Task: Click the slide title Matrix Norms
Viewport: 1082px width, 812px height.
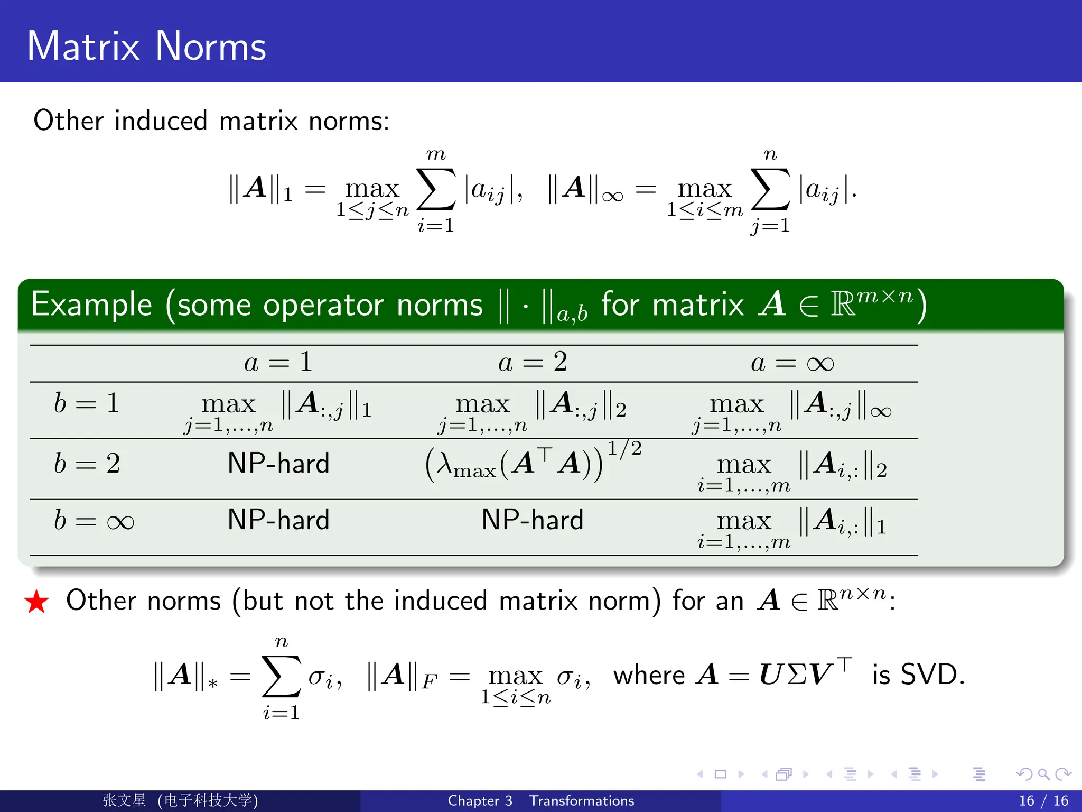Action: coord(146,47)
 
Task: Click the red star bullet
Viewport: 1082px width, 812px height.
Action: coord(36,602)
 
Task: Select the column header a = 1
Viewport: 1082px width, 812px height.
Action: coord(278,363)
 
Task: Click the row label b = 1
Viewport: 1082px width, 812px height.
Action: coord(87,403)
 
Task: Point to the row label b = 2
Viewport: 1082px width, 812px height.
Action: coord(87,464)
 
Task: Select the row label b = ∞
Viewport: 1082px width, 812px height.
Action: coord(94,520)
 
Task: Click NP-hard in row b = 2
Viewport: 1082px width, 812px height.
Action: coord(278,464)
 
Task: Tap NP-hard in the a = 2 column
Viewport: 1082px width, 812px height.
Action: coord(533,520)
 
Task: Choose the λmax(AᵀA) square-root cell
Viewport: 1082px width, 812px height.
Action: coord(533,463)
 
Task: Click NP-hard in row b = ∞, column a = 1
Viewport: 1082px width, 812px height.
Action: coord(278,520)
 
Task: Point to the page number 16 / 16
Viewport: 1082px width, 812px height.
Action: coord(1043,801)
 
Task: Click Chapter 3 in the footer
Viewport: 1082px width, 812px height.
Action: coord(480,801)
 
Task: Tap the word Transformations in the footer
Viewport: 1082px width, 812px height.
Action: coord(582,801)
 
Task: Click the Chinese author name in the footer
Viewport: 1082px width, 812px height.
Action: coord(124,800)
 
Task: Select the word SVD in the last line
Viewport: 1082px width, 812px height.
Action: coord(932,675)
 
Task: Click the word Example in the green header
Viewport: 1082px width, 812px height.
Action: coord(91,305)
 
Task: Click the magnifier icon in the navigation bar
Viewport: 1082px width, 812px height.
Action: coord(1043,774)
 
